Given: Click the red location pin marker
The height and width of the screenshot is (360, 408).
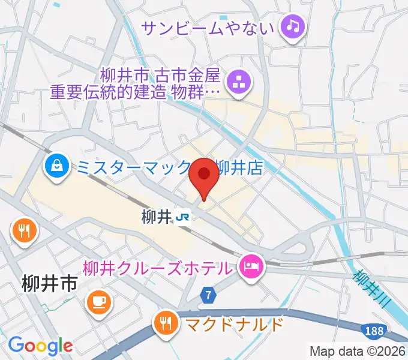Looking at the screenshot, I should coord(204,176).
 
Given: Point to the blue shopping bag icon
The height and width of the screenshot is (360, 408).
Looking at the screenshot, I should coord(57,165).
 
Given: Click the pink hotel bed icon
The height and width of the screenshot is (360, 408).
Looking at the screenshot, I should coord(250,266).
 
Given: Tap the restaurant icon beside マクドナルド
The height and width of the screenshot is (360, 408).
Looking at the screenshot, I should coord(166,325).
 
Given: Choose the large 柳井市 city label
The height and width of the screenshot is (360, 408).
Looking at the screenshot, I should coord(50,283).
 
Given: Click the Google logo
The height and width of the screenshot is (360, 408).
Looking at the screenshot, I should coord(40,346).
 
